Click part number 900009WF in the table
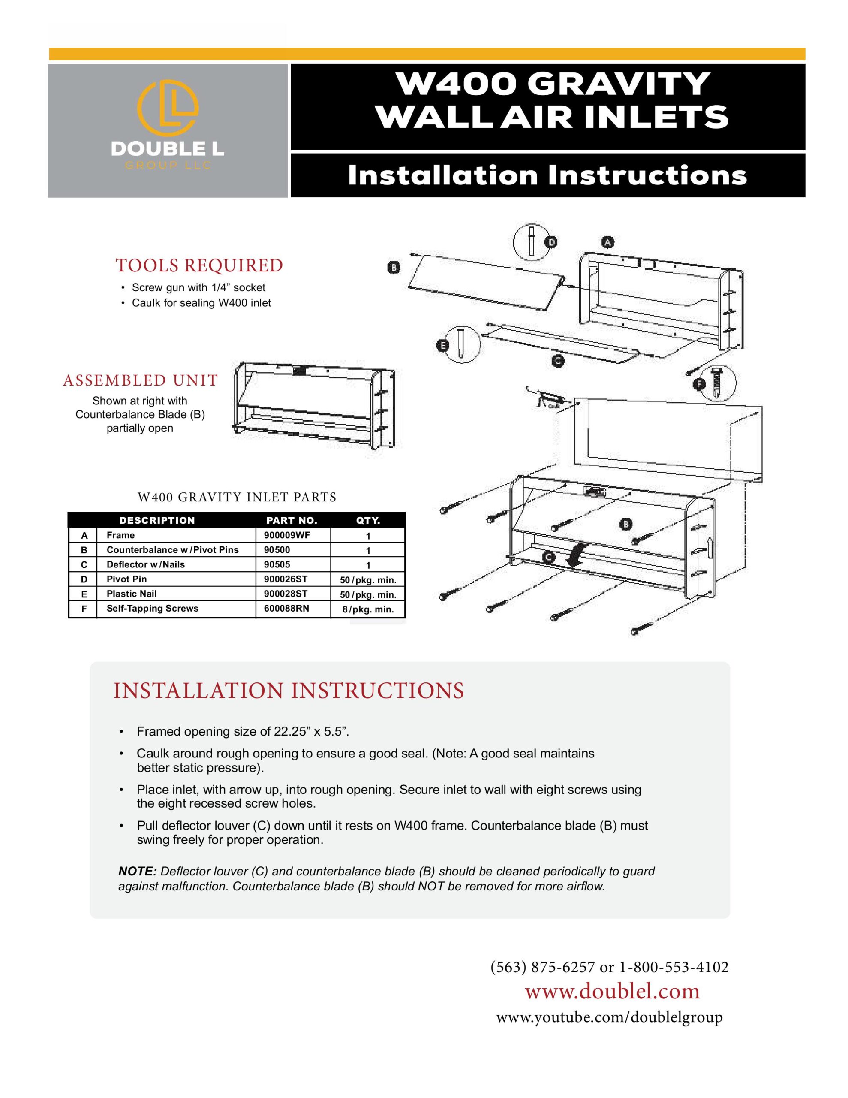point(287,535)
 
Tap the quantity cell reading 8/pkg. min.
point(368,610)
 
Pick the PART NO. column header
point(292,520)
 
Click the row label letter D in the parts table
point(84,579)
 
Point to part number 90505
point(277,564)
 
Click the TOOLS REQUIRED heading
point(199,265)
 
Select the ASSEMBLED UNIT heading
point(140,380)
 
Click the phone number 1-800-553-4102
point(674,967)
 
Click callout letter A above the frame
point(608,243)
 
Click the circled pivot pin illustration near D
point(531,241)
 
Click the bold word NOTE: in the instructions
point(138,871)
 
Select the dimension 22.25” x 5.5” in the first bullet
point(311,731)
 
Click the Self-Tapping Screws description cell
point(152,608)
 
